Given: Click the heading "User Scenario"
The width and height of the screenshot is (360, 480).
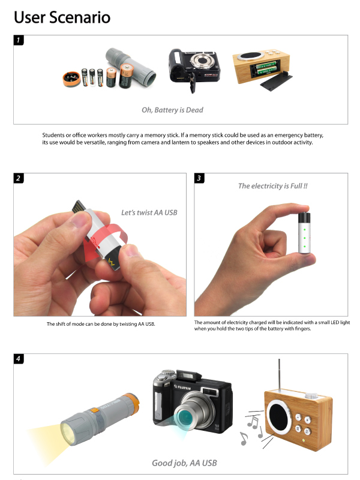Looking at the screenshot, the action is tap(62, 17).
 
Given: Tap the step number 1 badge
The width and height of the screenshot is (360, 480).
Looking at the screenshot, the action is tap(19, 40).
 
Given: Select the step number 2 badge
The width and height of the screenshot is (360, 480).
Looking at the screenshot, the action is tap(19, 178).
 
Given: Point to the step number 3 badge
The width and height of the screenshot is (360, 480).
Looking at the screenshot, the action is tap(199, 178).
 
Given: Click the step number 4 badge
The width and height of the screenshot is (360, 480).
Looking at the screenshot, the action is tap(19, 359).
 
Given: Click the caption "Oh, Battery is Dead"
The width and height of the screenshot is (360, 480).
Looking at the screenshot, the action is tap(172, 110).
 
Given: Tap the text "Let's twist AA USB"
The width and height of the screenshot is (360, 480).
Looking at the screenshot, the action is tap(149, 212).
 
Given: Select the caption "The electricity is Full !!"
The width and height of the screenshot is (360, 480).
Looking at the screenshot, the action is tap(273, 186).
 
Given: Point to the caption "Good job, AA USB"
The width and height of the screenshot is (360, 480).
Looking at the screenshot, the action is tap(184, 463).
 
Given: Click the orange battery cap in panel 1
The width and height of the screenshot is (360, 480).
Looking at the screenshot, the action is tap(71, 79).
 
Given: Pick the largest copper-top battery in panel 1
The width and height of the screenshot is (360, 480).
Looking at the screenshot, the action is tap(127, 76).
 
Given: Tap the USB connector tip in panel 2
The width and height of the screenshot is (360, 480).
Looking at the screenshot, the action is tap(79, 206).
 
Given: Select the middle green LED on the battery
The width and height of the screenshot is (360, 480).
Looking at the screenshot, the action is tap(305, 238).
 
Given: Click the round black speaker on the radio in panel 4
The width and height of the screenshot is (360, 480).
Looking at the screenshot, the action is tap(278, 416).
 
